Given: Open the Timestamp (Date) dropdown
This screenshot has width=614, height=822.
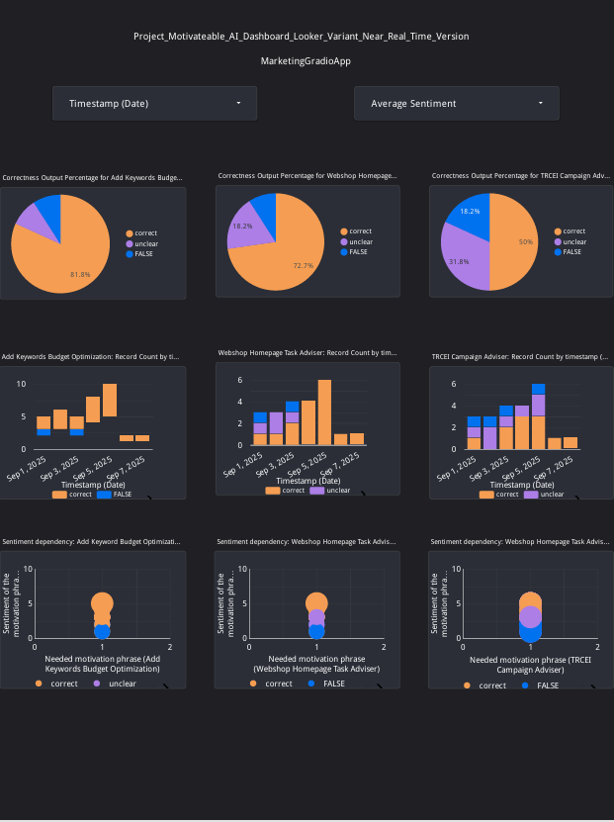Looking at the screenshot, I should [154, 103].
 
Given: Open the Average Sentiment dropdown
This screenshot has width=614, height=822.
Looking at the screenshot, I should [456, 103].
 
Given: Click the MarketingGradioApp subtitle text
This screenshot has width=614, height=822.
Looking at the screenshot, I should [306, 61].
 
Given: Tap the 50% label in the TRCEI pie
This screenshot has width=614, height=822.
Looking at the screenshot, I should [526, 242].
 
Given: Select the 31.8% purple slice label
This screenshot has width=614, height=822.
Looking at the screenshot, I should [459, 262].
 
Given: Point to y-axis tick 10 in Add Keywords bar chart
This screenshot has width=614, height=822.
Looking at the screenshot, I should [22, 384].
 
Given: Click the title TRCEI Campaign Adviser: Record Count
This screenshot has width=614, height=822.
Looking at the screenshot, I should [519, 352].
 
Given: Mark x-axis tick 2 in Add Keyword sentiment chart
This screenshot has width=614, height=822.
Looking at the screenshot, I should [170, 647].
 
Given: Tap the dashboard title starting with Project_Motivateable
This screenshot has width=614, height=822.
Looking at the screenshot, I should [301, 37].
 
